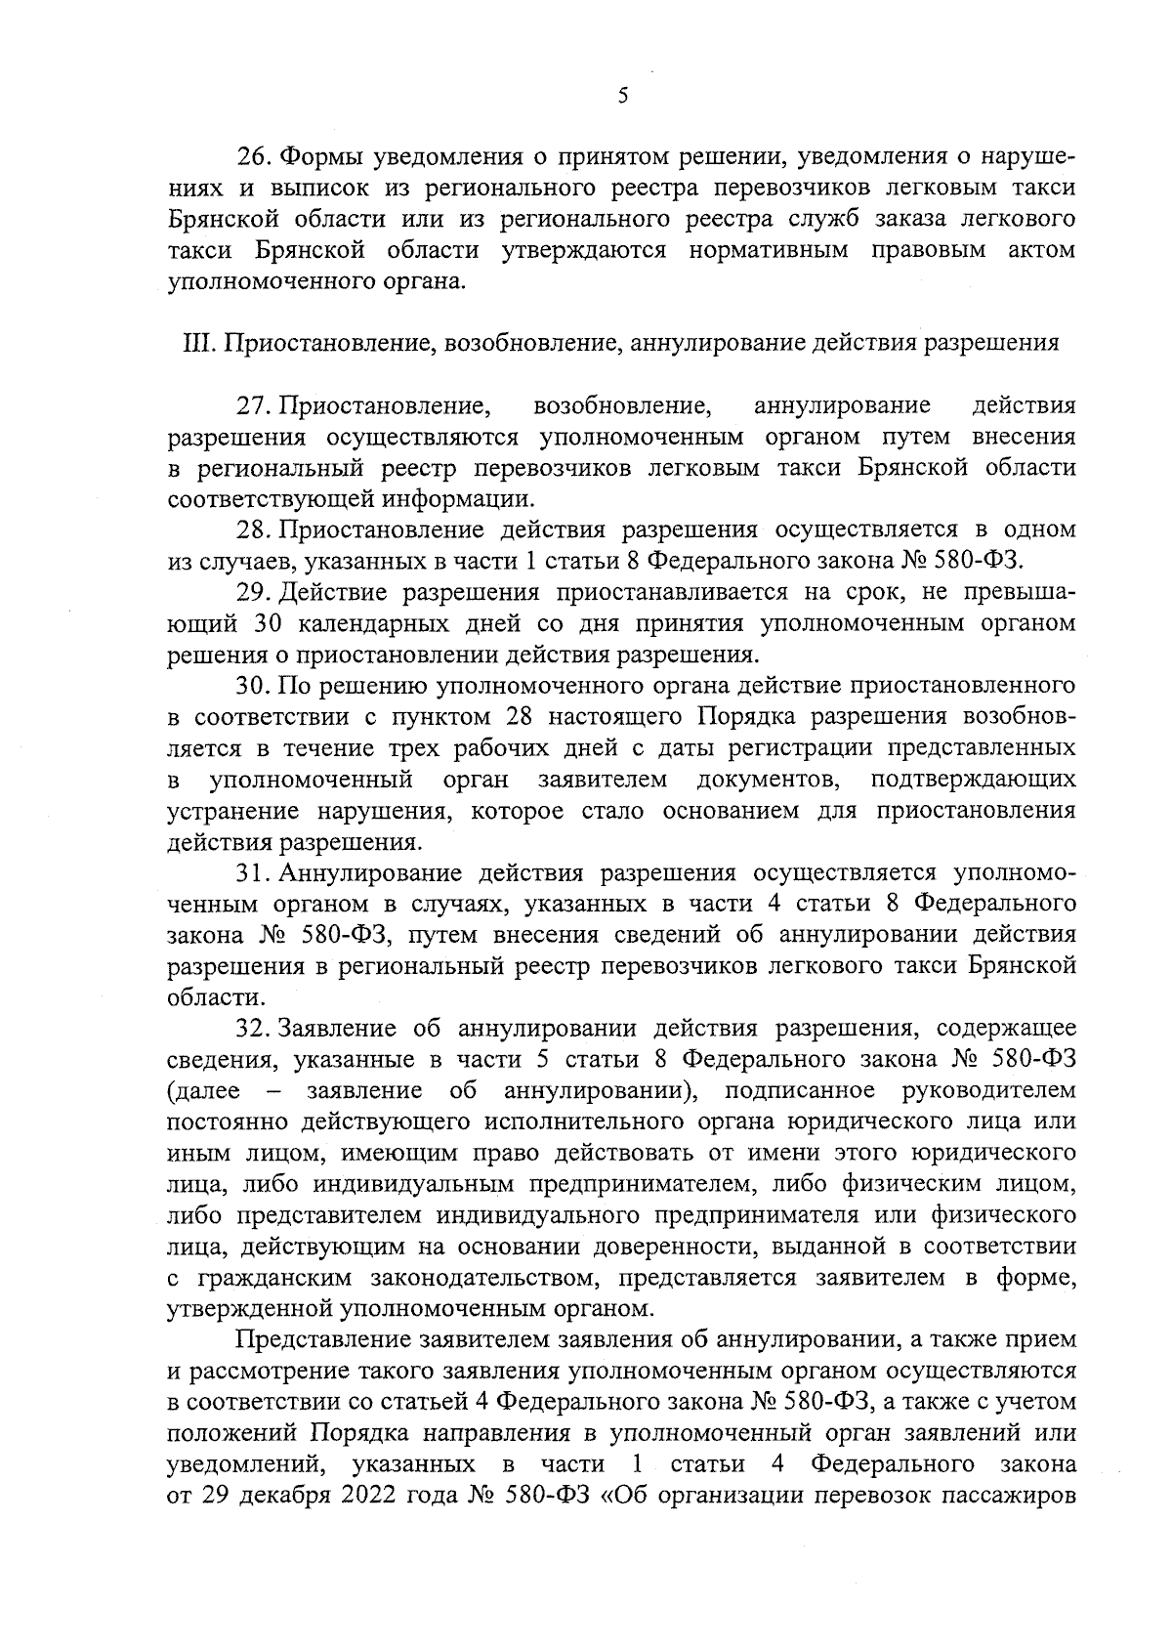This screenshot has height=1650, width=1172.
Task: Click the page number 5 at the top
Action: (622, 95)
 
